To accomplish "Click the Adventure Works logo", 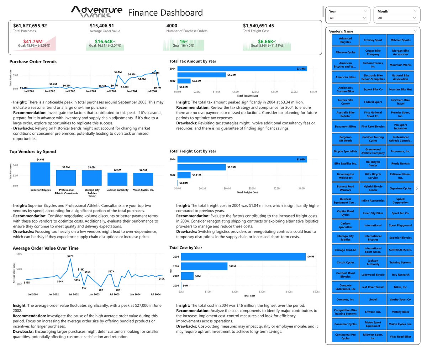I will [96, 11].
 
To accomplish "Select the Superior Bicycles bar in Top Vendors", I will [40, 174].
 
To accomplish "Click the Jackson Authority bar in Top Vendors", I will [117, 179].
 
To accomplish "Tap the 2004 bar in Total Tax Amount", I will [242, 69].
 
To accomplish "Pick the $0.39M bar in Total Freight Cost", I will [201, 167].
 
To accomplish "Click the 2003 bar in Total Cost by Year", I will [204, 266].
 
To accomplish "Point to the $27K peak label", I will [70, 256].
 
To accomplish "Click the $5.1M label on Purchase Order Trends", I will [118, 72].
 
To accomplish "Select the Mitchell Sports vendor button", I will [400, 40].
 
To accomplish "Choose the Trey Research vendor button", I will [400, 275].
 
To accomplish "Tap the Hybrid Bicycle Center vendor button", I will [373, 188].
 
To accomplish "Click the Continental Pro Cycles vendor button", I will [345, 336].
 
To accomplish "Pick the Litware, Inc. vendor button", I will [373, 312].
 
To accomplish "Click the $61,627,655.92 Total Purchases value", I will [30, 26].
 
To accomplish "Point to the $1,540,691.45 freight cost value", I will [258, 26].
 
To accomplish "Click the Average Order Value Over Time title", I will [46, 248].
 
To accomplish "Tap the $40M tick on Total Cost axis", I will [289, 292].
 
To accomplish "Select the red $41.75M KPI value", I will [33, 42].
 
